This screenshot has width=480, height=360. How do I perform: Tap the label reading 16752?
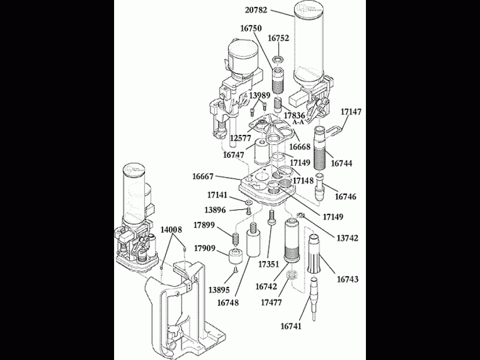tap(279, 38)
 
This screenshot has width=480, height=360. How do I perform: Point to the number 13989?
tap(259, 95)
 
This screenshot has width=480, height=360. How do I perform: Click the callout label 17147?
tap(351, 112)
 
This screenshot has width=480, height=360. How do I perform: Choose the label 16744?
tap(342, 163)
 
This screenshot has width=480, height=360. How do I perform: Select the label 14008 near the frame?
tap(171, 230)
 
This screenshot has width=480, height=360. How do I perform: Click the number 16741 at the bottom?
tap(291, 326)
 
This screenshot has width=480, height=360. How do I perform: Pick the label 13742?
tap(347, 238)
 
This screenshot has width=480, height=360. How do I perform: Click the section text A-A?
tap(299, 123)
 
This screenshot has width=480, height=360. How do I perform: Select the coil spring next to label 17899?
tap(235, 237)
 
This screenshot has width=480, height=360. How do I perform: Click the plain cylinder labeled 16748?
tap(253, 245)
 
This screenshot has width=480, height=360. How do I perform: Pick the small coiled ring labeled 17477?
tap(292, 277)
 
